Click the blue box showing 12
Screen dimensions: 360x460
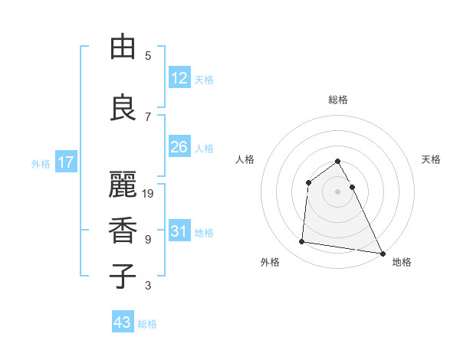pyautogui.click(x=179, y=78)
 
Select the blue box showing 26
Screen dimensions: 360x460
pyautogui.click(x=179, y=147)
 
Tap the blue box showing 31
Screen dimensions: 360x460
pyautogui.click(x=179, y=231)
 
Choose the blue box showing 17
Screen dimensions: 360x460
pyautogui.click(x=65, y=162)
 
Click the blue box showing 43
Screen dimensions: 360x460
pyautogui.click(x=123, y=322)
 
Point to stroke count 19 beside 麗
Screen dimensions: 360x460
pyautogui.click(x=149, y=194)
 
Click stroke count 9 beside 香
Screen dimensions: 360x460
pyautogui.click(x=148, y=240)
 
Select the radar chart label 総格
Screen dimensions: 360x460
pyautogui.click(x=338, y=100)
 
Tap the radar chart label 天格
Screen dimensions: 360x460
pyautogui.click(x=432, y=159)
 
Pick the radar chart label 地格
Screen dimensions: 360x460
pyautogui.click(x=402, y=262)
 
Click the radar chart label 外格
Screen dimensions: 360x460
pyautogui.click(x=270, y=262)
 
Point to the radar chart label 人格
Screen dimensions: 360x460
pyautogui.click(x=245, y=159)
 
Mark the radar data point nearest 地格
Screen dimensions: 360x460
pyautogui.click(x=383, y=254)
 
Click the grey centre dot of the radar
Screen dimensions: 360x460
pyautogui.click(x=338, y=191)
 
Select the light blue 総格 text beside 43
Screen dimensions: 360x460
pyautogui.click(x=147, y=324)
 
